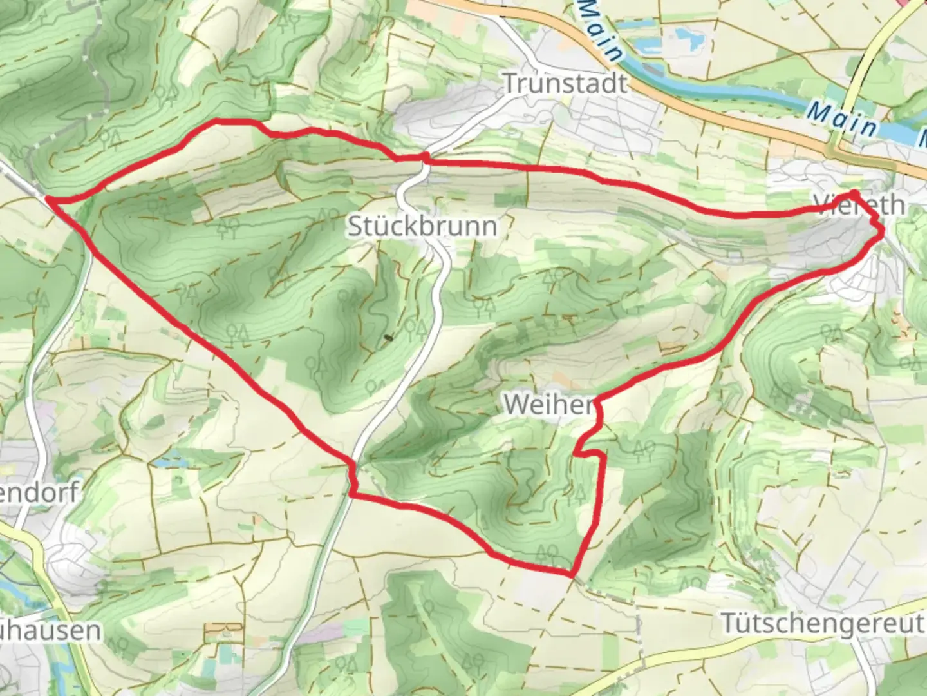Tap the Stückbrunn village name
(x=422, y=226)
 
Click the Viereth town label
(x=859, y=205)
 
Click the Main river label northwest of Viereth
(x=843, y=119)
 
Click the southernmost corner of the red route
(x=570, y=574)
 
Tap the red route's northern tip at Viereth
(x=854, y=193)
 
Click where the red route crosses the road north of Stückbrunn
(x=425, y=157)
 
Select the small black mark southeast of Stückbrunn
(x=388, y=336)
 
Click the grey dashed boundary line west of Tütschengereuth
(x=639, y=628)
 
